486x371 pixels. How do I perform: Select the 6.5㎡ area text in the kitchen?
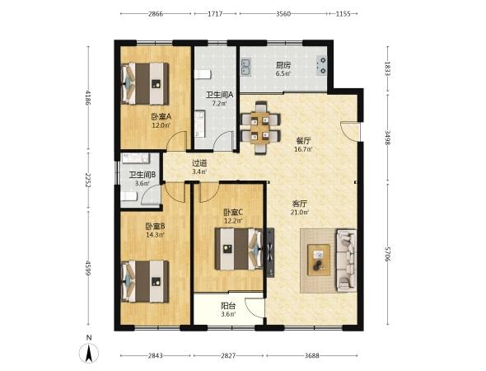tap(283, 73)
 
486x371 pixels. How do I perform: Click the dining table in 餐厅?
tap(260, 128)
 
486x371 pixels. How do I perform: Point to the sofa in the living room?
tap(346, 261)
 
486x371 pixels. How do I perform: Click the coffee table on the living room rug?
tap(319, 260)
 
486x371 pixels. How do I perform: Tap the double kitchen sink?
tap(246, 68)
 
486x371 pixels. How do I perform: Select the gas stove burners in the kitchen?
tap(322, 65)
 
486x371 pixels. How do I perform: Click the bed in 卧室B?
tap(145, 281)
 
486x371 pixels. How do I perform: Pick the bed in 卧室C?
tap(239, 249)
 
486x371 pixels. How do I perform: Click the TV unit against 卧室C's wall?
tap(270, 252)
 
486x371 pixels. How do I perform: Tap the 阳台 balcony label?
tap(228, 306)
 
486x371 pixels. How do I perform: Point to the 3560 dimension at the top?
tap(283, 14)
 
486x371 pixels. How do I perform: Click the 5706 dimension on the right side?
tap(387, 254)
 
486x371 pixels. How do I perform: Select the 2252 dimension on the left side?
tap(89, 181)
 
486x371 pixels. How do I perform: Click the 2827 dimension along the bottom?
tap(228, 355)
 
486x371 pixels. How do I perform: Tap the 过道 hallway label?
tap(199, 163)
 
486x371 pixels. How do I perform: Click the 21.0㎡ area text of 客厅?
tap(300, 213)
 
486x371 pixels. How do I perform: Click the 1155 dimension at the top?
tap(343, 14)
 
